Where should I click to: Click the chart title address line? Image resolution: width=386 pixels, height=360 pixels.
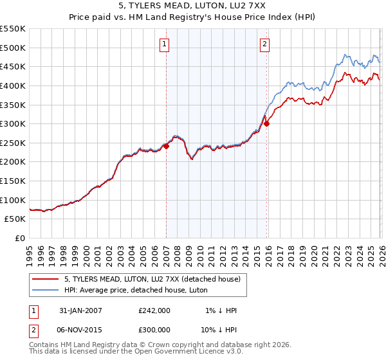coord(193,6)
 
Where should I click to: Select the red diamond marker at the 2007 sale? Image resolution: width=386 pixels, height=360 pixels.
coord(166,146)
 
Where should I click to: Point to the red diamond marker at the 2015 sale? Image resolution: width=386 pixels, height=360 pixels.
coord(266,124)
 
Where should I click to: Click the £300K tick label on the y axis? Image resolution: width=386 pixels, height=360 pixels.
coord(13,123)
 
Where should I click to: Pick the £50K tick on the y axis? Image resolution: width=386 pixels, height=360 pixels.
coord(15,219)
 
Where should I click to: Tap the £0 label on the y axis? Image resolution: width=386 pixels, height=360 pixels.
coord(21,239)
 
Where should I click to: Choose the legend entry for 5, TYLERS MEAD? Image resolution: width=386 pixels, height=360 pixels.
coord(152,279)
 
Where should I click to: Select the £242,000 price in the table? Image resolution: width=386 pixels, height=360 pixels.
coord(154,310)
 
